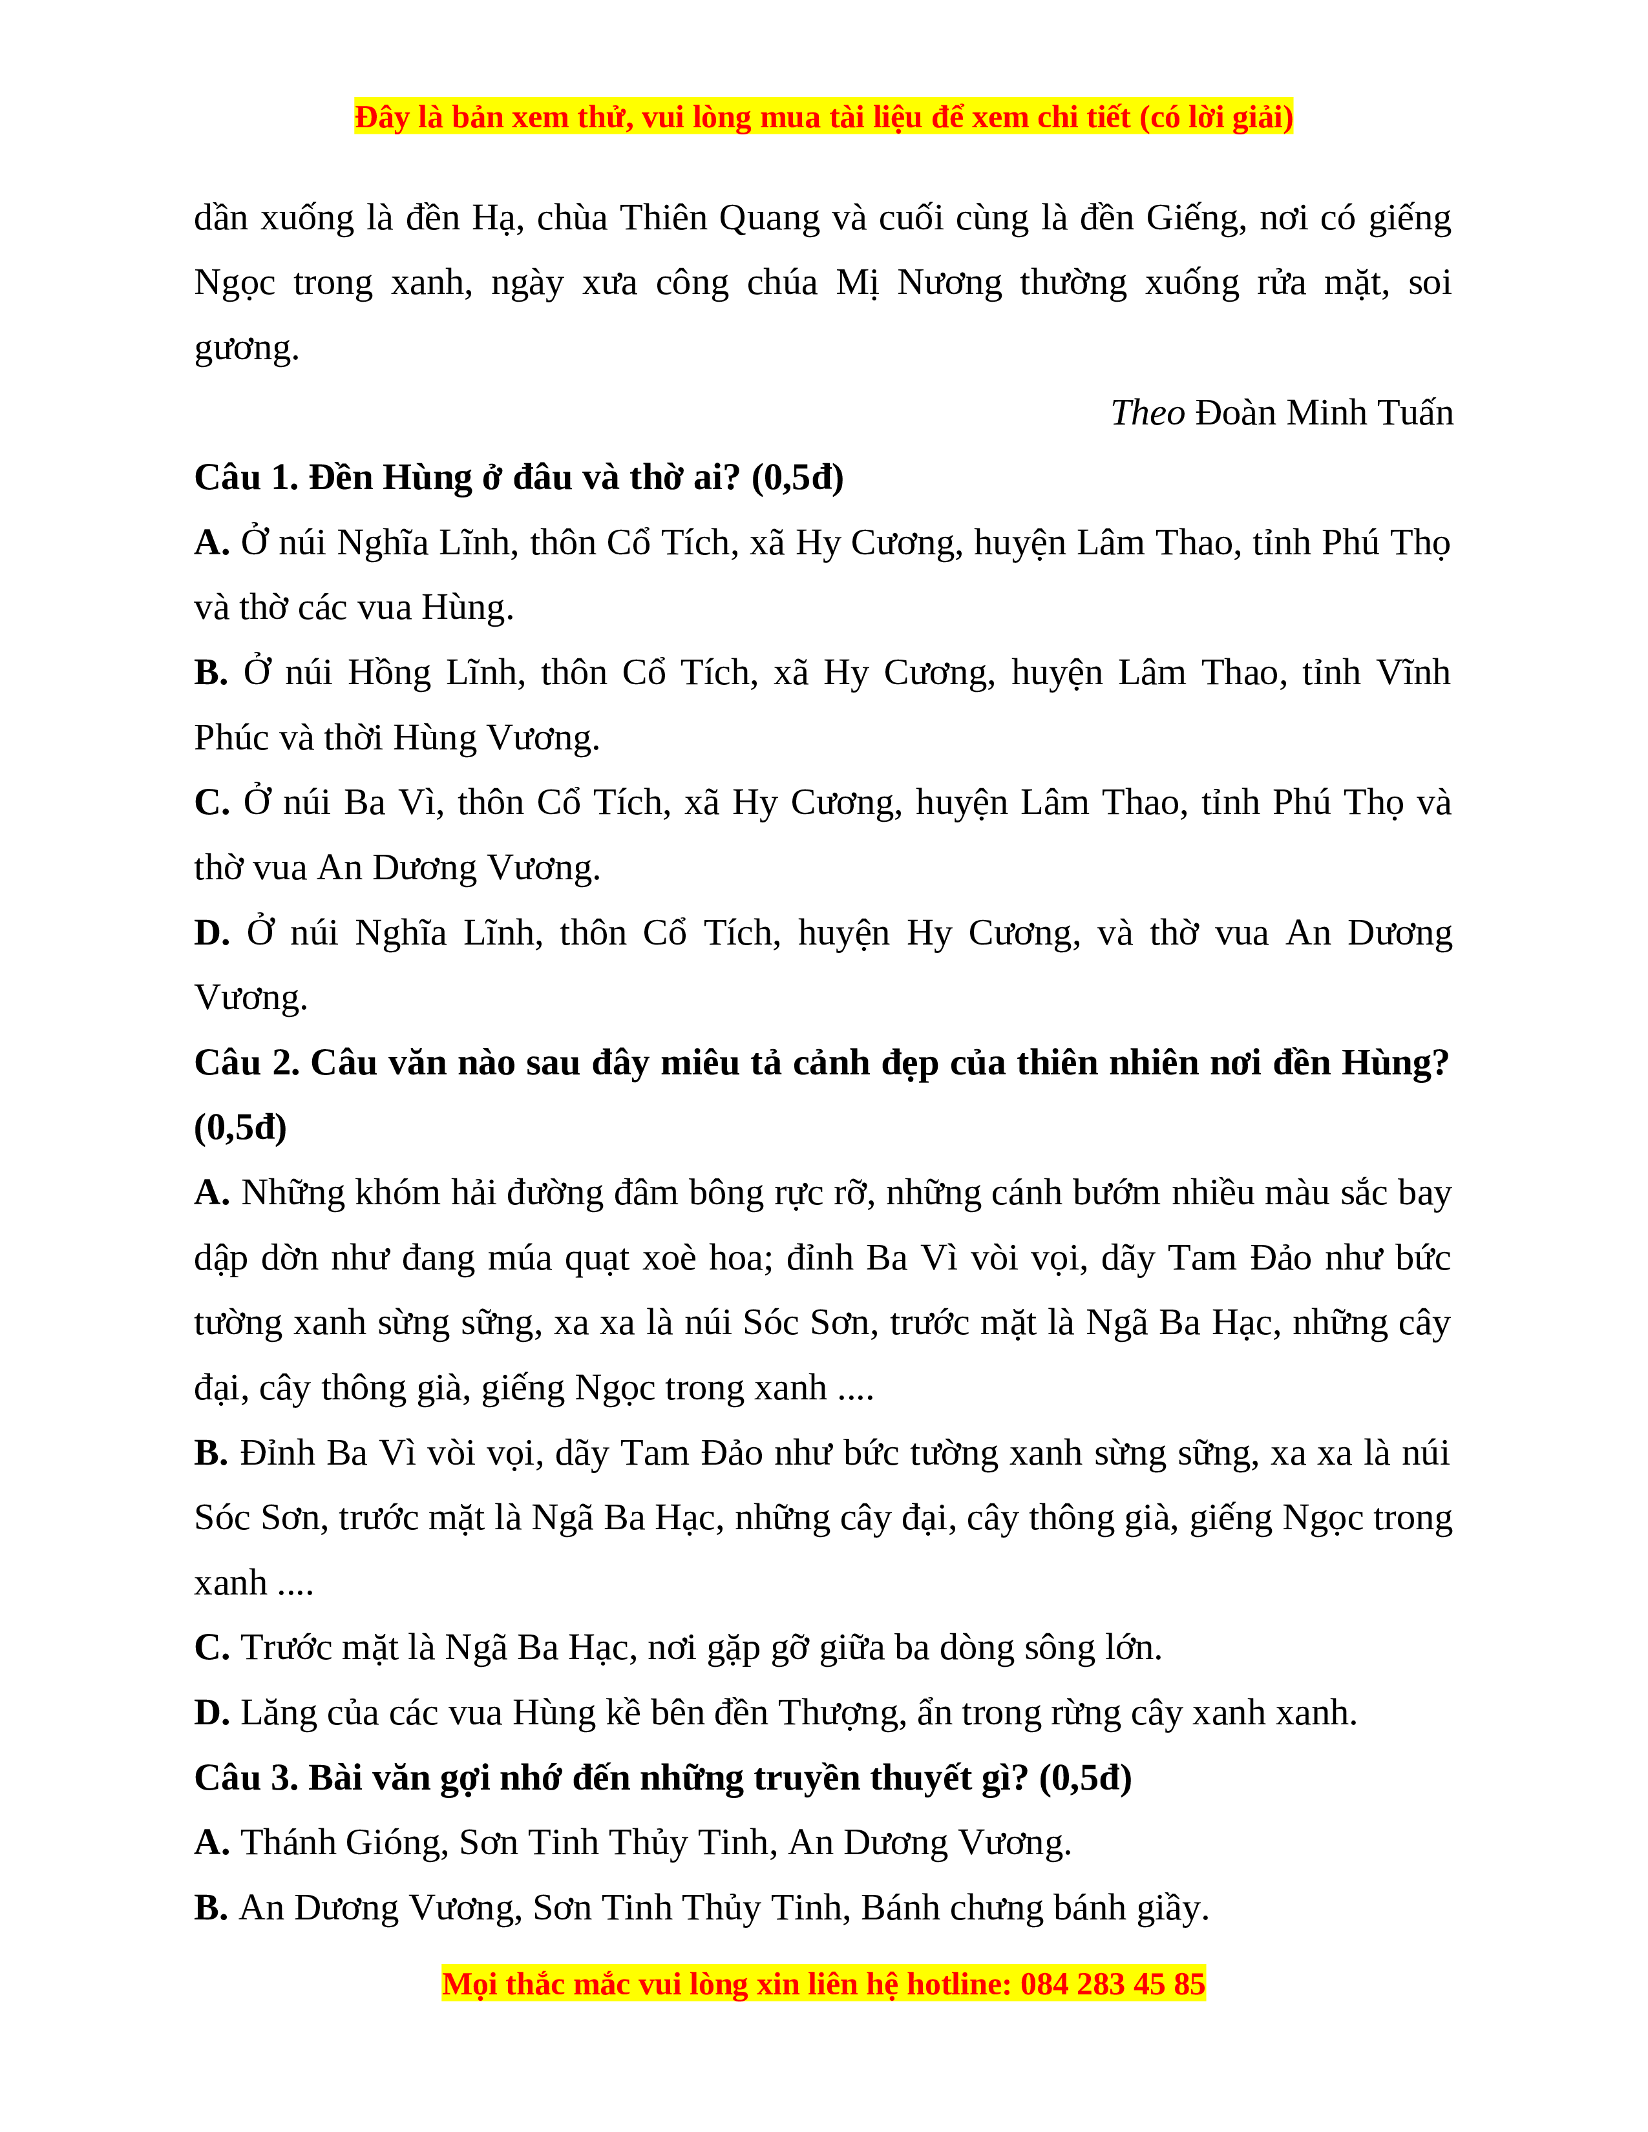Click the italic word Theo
[x=1147, y=413]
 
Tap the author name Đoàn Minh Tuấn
[x=1325, y=413]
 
